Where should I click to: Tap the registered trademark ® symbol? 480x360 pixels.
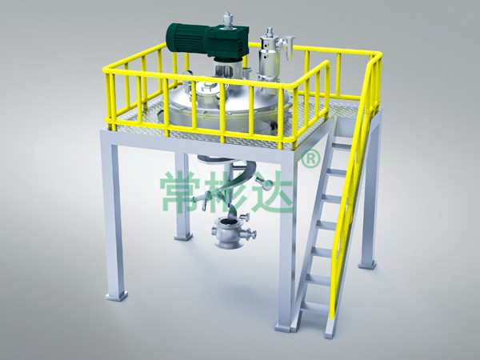(311, 158)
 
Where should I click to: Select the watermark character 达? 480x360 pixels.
(274, 192)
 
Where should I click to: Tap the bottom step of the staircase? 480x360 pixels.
(314, 306)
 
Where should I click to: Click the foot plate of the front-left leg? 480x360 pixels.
(116, 296)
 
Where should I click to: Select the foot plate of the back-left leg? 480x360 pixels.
(183, 236)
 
